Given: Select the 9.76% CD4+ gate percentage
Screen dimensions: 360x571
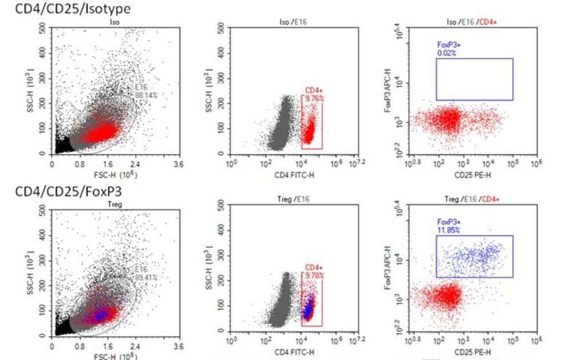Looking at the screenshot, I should (314, 98).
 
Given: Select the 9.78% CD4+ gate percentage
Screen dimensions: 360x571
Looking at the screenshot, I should (314, 276).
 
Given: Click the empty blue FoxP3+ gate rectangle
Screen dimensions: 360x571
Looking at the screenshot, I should (474, 79).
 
